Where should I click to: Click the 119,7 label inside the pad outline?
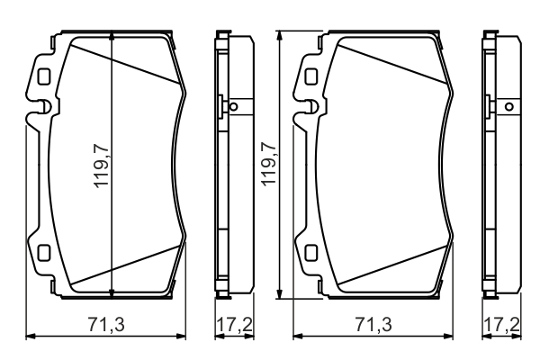pyautogui.click(x=102, y=166)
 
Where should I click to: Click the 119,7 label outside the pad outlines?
pyautogui.click(x=269, y=164)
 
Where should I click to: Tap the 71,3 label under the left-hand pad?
pyautogui.click(x=106, y=325)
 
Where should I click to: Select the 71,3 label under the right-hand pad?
pyautogui.click(x=373, y=325)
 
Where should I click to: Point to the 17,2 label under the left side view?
pyautogui.click(x=234, y=325)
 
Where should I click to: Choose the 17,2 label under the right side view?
pyautogui.click(x=501, y=325)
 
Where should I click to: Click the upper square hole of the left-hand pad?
pyautogui.click(x=44, y=76)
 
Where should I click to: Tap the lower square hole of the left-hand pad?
pyautogui.click(x=44, y=253)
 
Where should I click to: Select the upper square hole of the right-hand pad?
pyautogui.click(x=311, y=76)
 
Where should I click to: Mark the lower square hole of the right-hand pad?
pyautogui.click(x=311, y=253)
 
